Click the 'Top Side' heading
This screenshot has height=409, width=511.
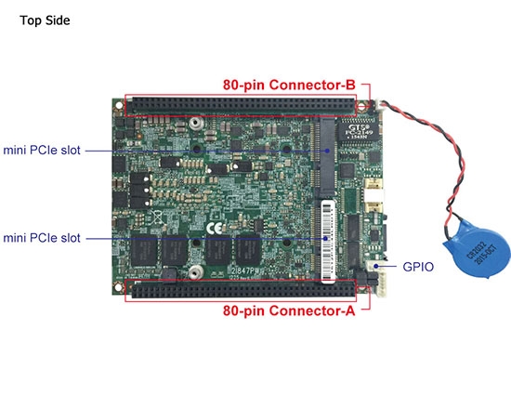point(45,20)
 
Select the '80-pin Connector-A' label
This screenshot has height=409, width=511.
point(289,312)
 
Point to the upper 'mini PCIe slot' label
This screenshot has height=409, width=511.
point(44,149)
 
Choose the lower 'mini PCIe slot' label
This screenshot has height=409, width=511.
point(44,238)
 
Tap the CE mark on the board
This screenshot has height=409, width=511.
point(213,225)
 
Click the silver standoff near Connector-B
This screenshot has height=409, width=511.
point(195,123)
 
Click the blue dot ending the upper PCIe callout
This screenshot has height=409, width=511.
point(327,149)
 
